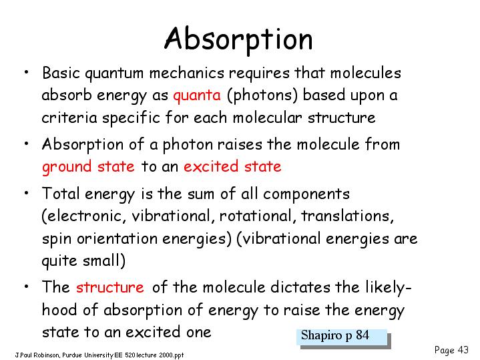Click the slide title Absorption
pos(238,39)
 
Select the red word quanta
pos(197,96)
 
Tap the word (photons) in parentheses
pos(262,95)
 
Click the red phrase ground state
pos(88,167)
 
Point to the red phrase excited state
pos(232,166)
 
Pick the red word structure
pos(110,287)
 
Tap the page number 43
pos(463,349)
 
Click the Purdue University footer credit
pos(99,355)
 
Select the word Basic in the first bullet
pos(61,73)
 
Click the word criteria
pos(69,118)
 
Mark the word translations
pos(347,216)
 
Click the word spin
pos(57,239)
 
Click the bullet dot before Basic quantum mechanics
pos(27,72)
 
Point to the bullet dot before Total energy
pos(27,193)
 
